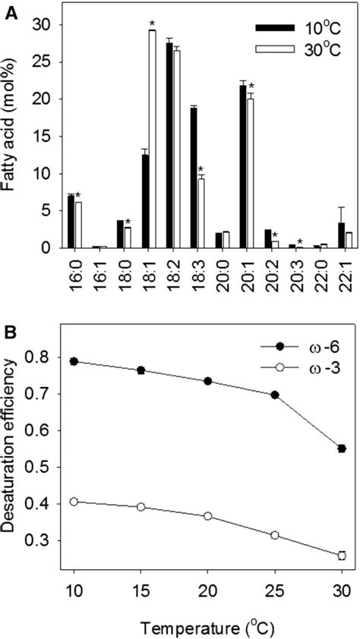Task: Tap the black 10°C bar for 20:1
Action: (x=243, y=166)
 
